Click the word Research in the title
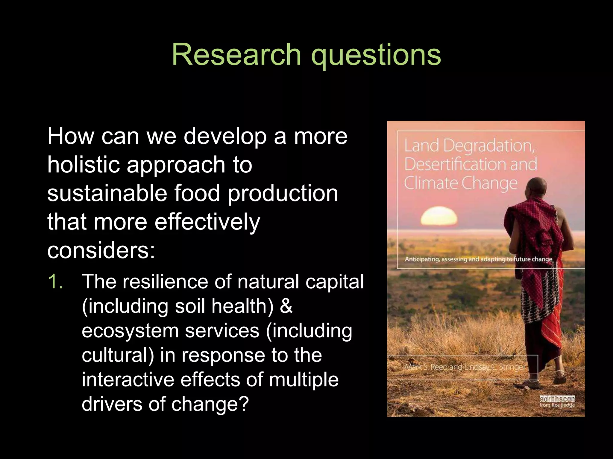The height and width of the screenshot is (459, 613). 236,55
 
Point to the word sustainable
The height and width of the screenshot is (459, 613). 107,193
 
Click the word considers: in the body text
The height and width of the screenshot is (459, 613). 101,250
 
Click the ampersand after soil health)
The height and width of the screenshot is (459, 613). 286,306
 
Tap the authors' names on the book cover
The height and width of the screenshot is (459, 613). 465,367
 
